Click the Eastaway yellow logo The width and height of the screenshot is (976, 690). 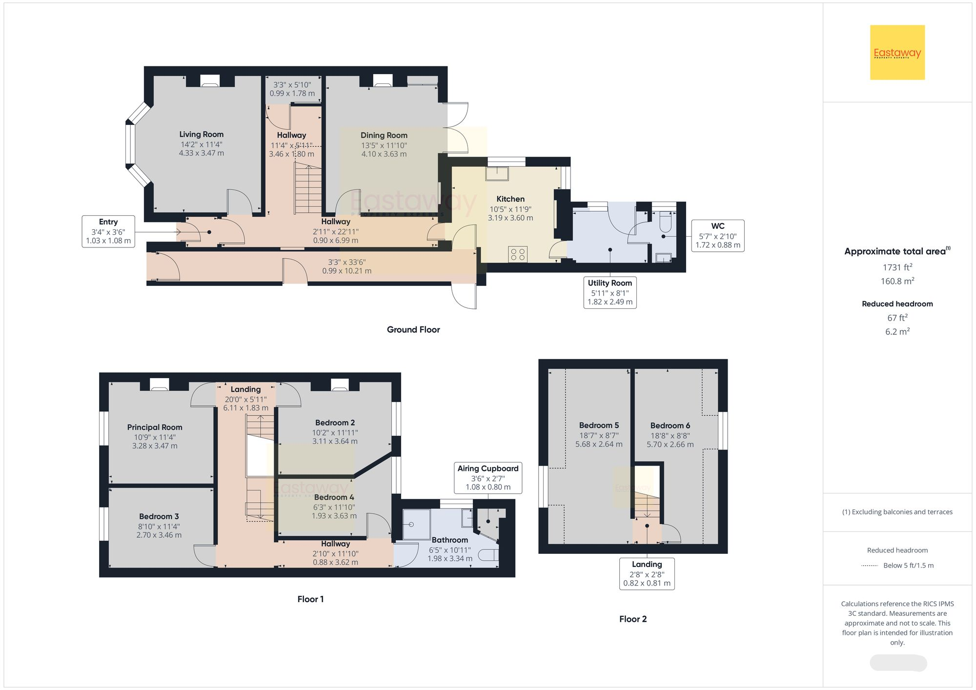(x=897, y=52)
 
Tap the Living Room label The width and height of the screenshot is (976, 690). (x=201, y=134)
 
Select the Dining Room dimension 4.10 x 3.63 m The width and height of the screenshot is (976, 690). (x=384, y=154)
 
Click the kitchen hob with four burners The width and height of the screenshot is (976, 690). (x=518, y=254)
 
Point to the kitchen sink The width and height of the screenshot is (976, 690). (x=497, y=174)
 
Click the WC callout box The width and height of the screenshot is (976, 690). (x=717, y=236)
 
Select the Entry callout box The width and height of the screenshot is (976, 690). (x=108, y=231)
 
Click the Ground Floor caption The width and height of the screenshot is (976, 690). (x=413, y=329)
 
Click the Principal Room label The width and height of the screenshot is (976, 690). (x=155, y=427)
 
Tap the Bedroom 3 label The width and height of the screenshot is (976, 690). (x=159, y=516)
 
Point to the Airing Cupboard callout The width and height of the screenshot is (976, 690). (x=488, y=478)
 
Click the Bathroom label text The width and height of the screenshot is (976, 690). (x=449, y=540)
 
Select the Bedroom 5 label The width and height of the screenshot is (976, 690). (x=599, y=425)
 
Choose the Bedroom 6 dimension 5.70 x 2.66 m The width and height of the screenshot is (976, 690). (x=670, y=445)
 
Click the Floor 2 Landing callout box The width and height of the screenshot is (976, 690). (x=647, y=574)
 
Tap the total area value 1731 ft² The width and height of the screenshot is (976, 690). (x=897, y=267)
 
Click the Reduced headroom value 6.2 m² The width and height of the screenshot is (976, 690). (x=897, y=332)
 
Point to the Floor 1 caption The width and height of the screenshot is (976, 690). (x=310, y=599)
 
